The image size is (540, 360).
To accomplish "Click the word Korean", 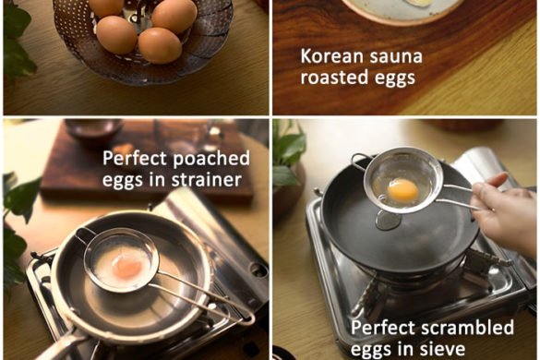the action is pyautogui.click(x=326, y=56).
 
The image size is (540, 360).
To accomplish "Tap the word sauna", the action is pyautogui.click(x=390, y=57).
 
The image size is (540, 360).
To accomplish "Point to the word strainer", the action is pyautogui.click(x=206, y=179).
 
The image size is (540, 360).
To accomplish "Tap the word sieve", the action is pyautogui.click(x=443, y=349).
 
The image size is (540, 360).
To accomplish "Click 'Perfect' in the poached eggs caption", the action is pyautogui.click(x=135, y=159).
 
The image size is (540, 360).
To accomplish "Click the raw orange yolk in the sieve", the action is pyautogui.click(x=402, y=190).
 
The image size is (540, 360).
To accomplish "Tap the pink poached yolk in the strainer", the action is pyautogui.click(x=127, y=266).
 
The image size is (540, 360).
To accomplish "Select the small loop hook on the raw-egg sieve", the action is pyautogui.click(x=359, y=162).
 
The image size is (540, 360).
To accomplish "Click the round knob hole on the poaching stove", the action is pyautogui.click(x=258, y=270).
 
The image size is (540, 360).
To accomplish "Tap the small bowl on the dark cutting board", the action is pyautogui.click(x=94, y=130).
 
